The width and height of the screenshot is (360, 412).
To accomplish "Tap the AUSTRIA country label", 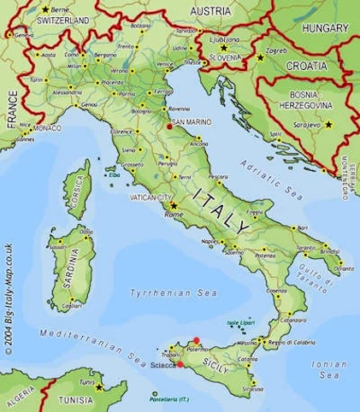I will pyautogui.click(x=210, y=11).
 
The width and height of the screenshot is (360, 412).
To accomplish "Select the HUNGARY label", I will pyautogui.click(x=326, y=28).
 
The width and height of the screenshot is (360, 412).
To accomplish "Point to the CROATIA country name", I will pyautogui.click(x=306, y=65).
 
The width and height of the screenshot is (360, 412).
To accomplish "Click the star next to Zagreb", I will pyautogui.click(x=261, y=57).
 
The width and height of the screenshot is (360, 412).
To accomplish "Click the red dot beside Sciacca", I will pyautogui.click(x=180, y=365).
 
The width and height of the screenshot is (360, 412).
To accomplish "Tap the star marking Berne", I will pyautogui.click(x=45, y=9).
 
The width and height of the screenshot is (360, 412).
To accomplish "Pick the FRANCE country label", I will pyautogui.click(x=14, y=109).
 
